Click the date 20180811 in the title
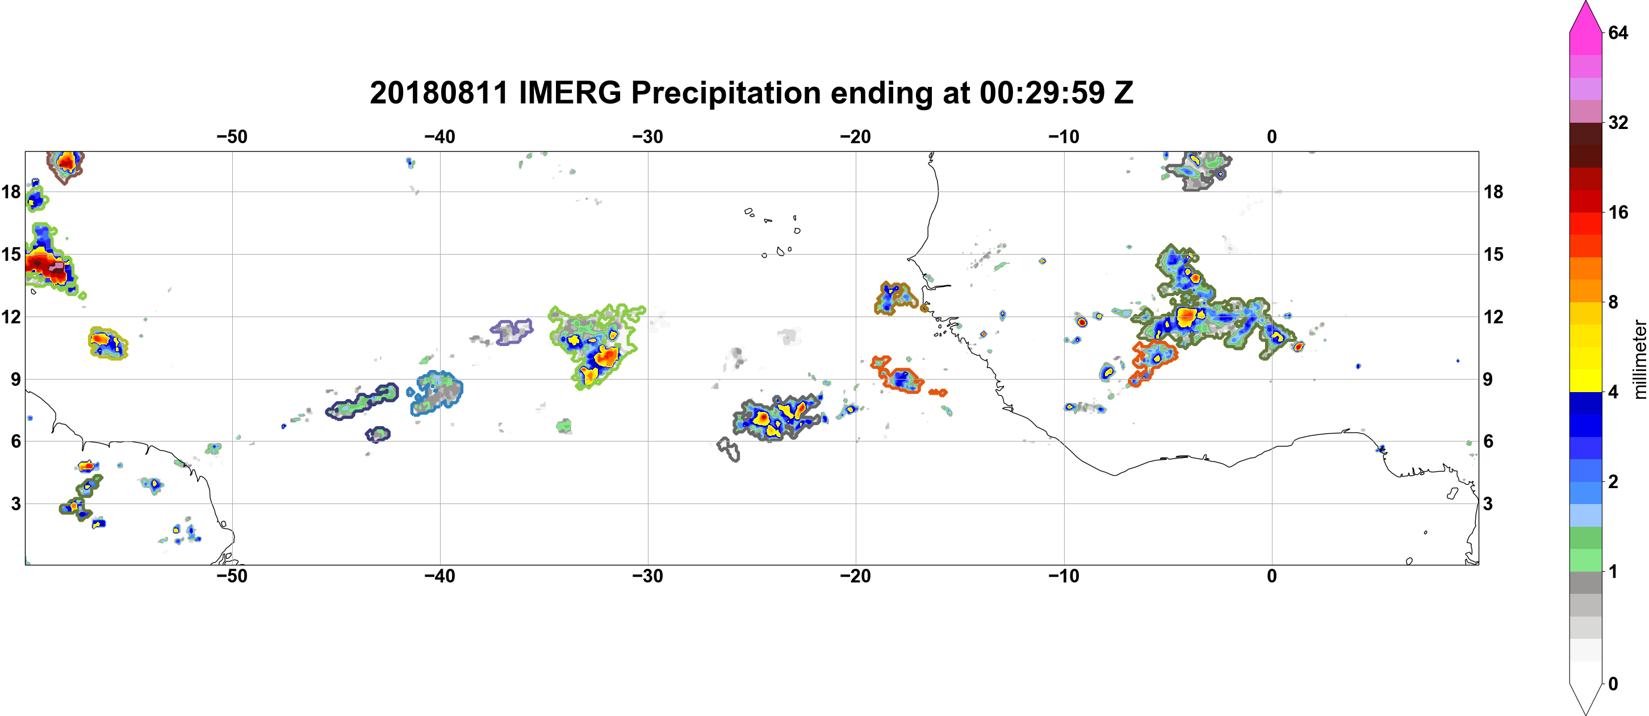tap(438, 94)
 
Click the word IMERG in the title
tap(570, 94)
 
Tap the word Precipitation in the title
tap(726, 94)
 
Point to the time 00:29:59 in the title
tap(1042, 94)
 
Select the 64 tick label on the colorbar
tap(1618, 32)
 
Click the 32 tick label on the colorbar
tap(1618, 122)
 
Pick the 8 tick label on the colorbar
tap(1614, 302)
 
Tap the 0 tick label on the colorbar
tap(1614, 684)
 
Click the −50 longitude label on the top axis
tap(232, 136)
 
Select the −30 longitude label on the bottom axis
tap(648, 576)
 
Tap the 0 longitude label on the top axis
tap(1272, 136)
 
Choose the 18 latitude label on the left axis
tap(11, 192)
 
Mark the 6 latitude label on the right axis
tap(1489, 442)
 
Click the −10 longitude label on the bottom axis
tap(1064, 576)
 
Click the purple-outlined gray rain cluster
tap(512, 331)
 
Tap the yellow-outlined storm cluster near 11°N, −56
tap(107, 343)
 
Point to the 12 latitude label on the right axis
tap(1493, 317)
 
